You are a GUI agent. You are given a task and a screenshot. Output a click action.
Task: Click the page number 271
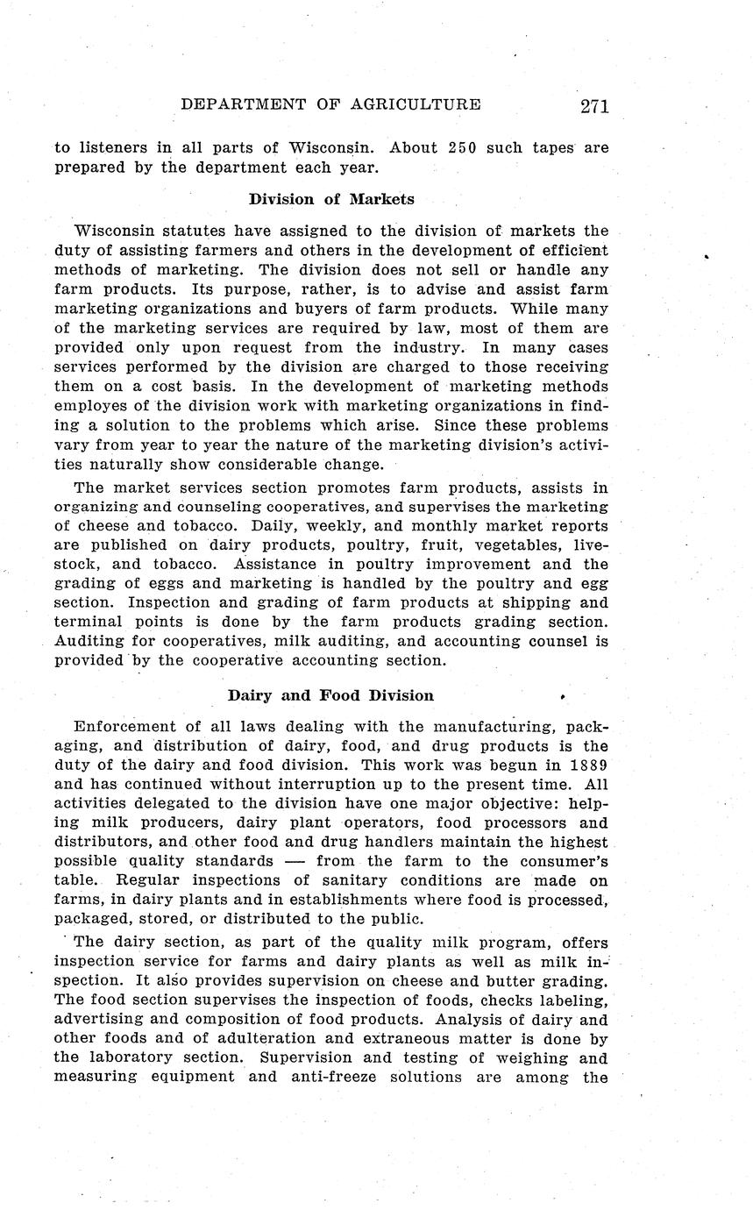[x=593, y=106]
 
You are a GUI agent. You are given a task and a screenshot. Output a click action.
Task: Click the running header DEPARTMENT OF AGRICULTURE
[x=330, y=105]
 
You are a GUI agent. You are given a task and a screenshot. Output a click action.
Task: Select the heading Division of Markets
[x=331, y=199]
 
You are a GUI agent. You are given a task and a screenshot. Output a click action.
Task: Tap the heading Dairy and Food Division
[x=330, y=695]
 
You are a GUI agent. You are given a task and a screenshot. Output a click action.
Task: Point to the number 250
[x=462, y=147]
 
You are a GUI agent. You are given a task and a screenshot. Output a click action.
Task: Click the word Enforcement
[x=125, y=726]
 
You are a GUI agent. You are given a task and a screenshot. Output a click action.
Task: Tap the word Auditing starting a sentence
[x=89, y=641]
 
